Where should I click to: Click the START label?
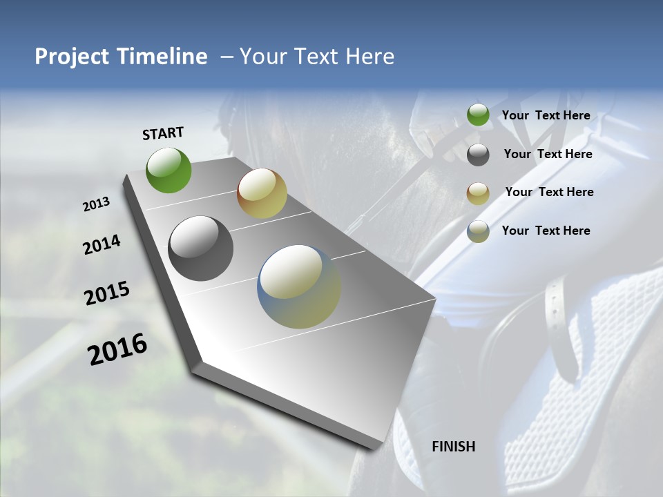163,133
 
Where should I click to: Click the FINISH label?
453,447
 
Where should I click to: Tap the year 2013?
96,204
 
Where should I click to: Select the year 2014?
102,245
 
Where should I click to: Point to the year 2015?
107,293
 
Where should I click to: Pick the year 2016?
117,349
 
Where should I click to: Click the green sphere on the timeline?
169,170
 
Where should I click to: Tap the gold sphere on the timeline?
262,193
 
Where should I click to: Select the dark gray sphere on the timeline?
200,248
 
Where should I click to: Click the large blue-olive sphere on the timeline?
299,286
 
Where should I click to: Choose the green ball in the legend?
478,115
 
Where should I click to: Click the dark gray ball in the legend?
478,155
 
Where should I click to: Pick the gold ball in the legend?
478,193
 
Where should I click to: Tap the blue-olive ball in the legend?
478,231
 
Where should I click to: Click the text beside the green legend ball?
546,115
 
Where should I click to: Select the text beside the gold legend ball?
549,192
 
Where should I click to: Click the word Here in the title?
370,57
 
